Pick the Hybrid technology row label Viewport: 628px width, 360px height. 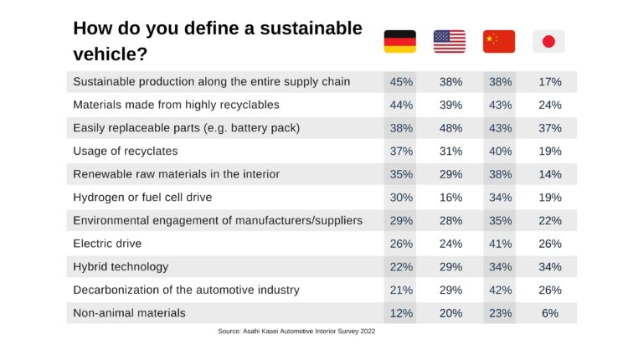[x=121, y=266]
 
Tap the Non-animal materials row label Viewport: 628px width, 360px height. [x=129, y=312]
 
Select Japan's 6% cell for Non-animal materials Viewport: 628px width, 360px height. [x=550, y=312]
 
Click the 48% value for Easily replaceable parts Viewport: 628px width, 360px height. [x=450, y=128]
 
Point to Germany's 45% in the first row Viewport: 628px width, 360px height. [x=399, y=82]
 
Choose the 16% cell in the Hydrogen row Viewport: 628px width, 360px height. [x=450, y=198]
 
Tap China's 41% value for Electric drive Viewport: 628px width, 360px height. [x=500, y=244]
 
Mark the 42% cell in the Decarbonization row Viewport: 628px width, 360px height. [x=500, y=290]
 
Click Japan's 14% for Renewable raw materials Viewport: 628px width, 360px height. [x=550, y=174]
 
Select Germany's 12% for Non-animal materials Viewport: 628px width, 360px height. [x=399, y=312]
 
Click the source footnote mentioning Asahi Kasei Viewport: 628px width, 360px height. [x=296, y=332]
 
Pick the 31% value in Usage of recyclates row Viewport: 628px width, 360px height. [x=450, y=151]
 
